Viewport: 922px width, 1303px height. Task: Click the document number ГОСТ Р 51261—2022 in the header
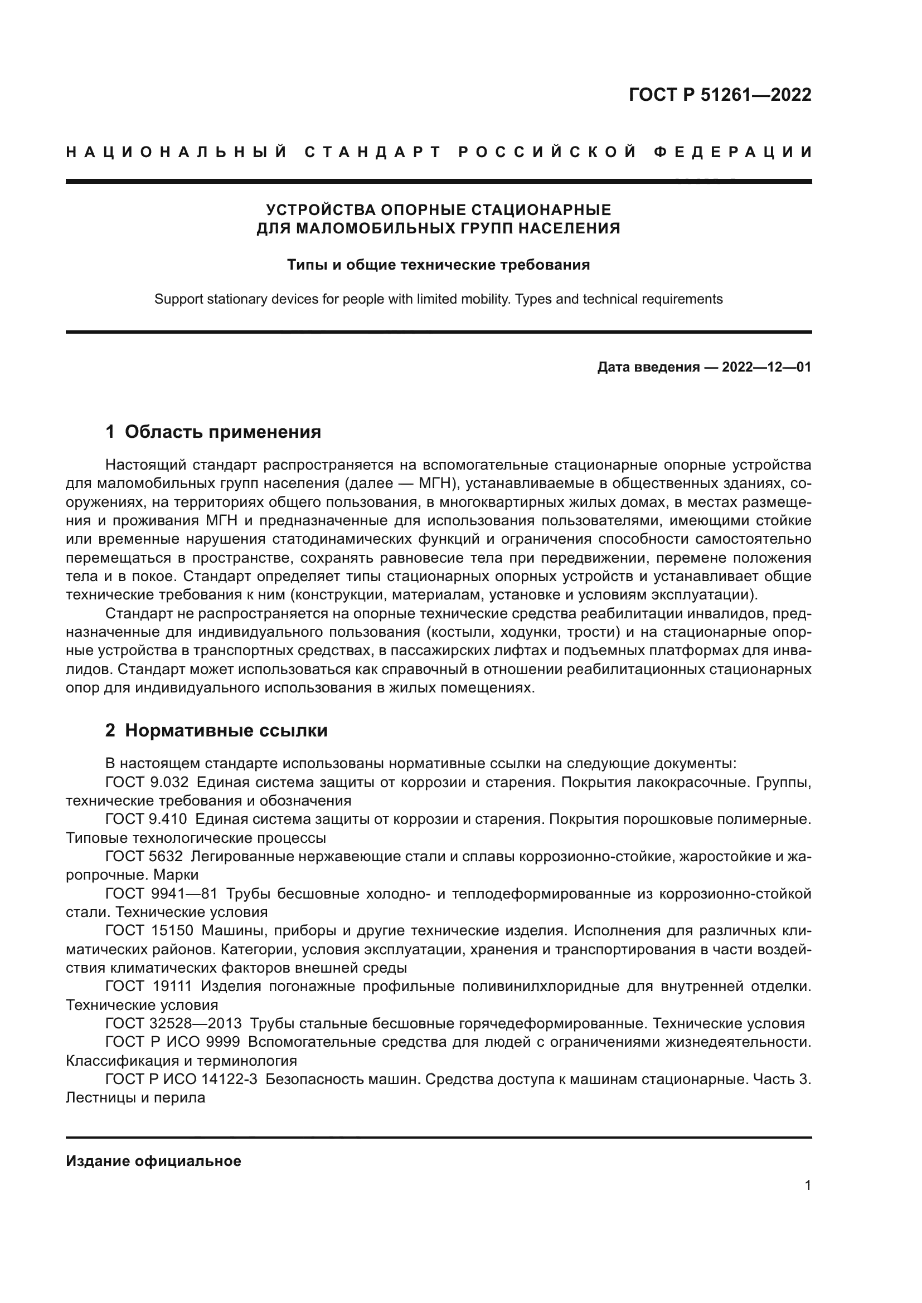coord(720,95)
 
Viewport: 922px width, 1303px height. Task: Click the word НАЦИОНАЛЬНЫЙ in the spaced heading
coord(177,152)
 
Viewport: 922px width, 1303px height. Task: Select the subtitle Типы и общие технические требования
coord(438,265)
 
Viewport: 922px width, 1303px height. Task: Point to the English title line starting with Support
coord(438,299)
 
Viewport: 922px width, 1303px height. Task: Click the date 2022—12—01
coord(766,367)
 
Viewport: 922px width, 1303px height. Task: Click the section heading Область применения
coord(222,432)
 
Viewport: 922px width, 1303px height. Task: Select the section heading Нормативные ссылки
coord(226,730)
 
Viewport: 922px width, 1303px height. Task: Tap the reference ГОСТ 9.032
coord(147,782)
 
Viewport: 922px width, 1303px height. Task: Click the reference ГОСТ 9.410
coord(147,819)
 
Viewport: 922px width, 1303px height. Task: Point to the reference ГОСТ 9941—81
coord(161,893)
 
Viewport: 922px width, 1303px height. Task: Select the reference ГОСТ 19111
coord(149,987)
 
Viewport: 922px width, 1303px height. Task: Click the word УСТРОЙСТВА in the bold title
coord(321,210)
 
